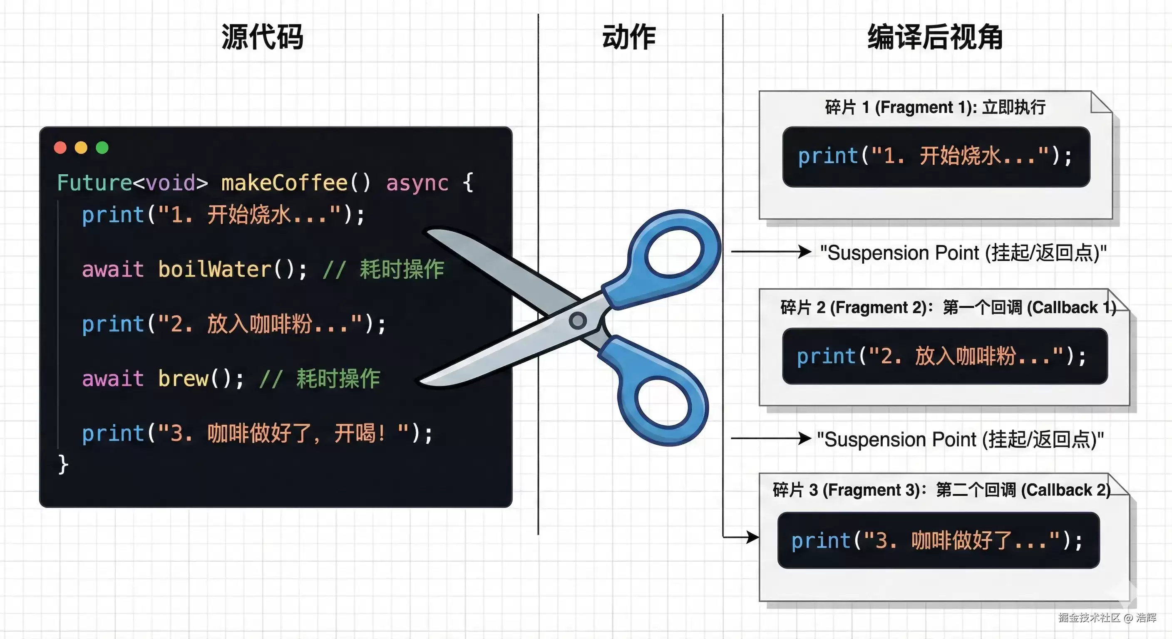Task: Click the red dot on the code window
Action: pyautogui.click(x=60, y=148)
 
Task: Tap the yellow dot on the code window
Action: pyautogui.click(x=81, y=148)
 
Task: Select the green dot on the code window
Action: pyautogui.click(x=102, y=148)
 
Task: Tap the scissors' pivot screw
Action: pyautogui.click(x=578, y=321)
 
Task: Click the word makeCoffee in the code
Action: pyautogui.click(x=284, y=183)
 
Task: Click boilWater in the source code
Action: pyautogui.click(x=215, y=269)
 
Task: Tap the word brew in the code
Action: pyautogui.click(x=184, y=379)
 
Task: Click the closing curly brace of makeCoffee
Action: pyautogui.click(x=63, y=464)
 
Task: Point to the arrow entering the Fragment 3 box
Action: pyautogui.click(x=740, y=537)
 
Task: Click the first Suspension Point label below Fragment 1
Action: pyautogui.click(x=963, y=253)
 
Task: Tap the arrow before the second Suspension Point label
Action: pyautogui.click(x=771, y=438)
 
